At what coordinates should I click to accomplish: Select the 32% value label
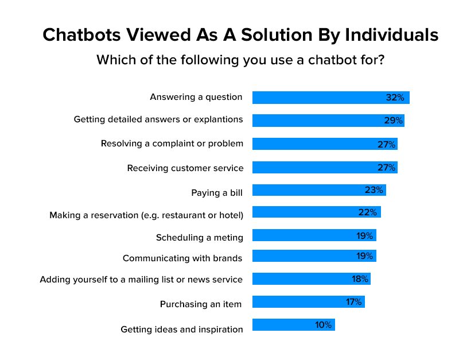point(395,98)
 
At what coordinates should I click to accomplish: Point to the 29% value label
point(393,121)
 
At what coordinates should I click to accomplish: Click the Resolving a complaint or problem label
point(172,144)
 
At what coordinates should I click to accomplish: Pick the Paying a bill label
point(217,192)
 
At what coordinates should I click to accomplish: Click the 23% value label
point(374,189)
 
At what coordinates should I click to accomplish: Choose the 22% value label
point(367,212)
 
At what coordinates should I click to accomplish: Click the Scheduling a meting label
point(200,237)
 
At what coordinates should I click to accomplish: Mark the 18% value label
point(360,279)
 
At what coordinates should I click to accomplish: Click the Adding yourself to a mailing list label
point(141,280)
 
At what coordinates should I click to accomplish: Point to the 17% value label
point(353,302)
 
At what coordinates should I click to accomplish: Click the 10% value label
point(323,325)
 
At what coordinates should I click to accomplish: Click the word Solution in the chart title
point(258,35)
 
